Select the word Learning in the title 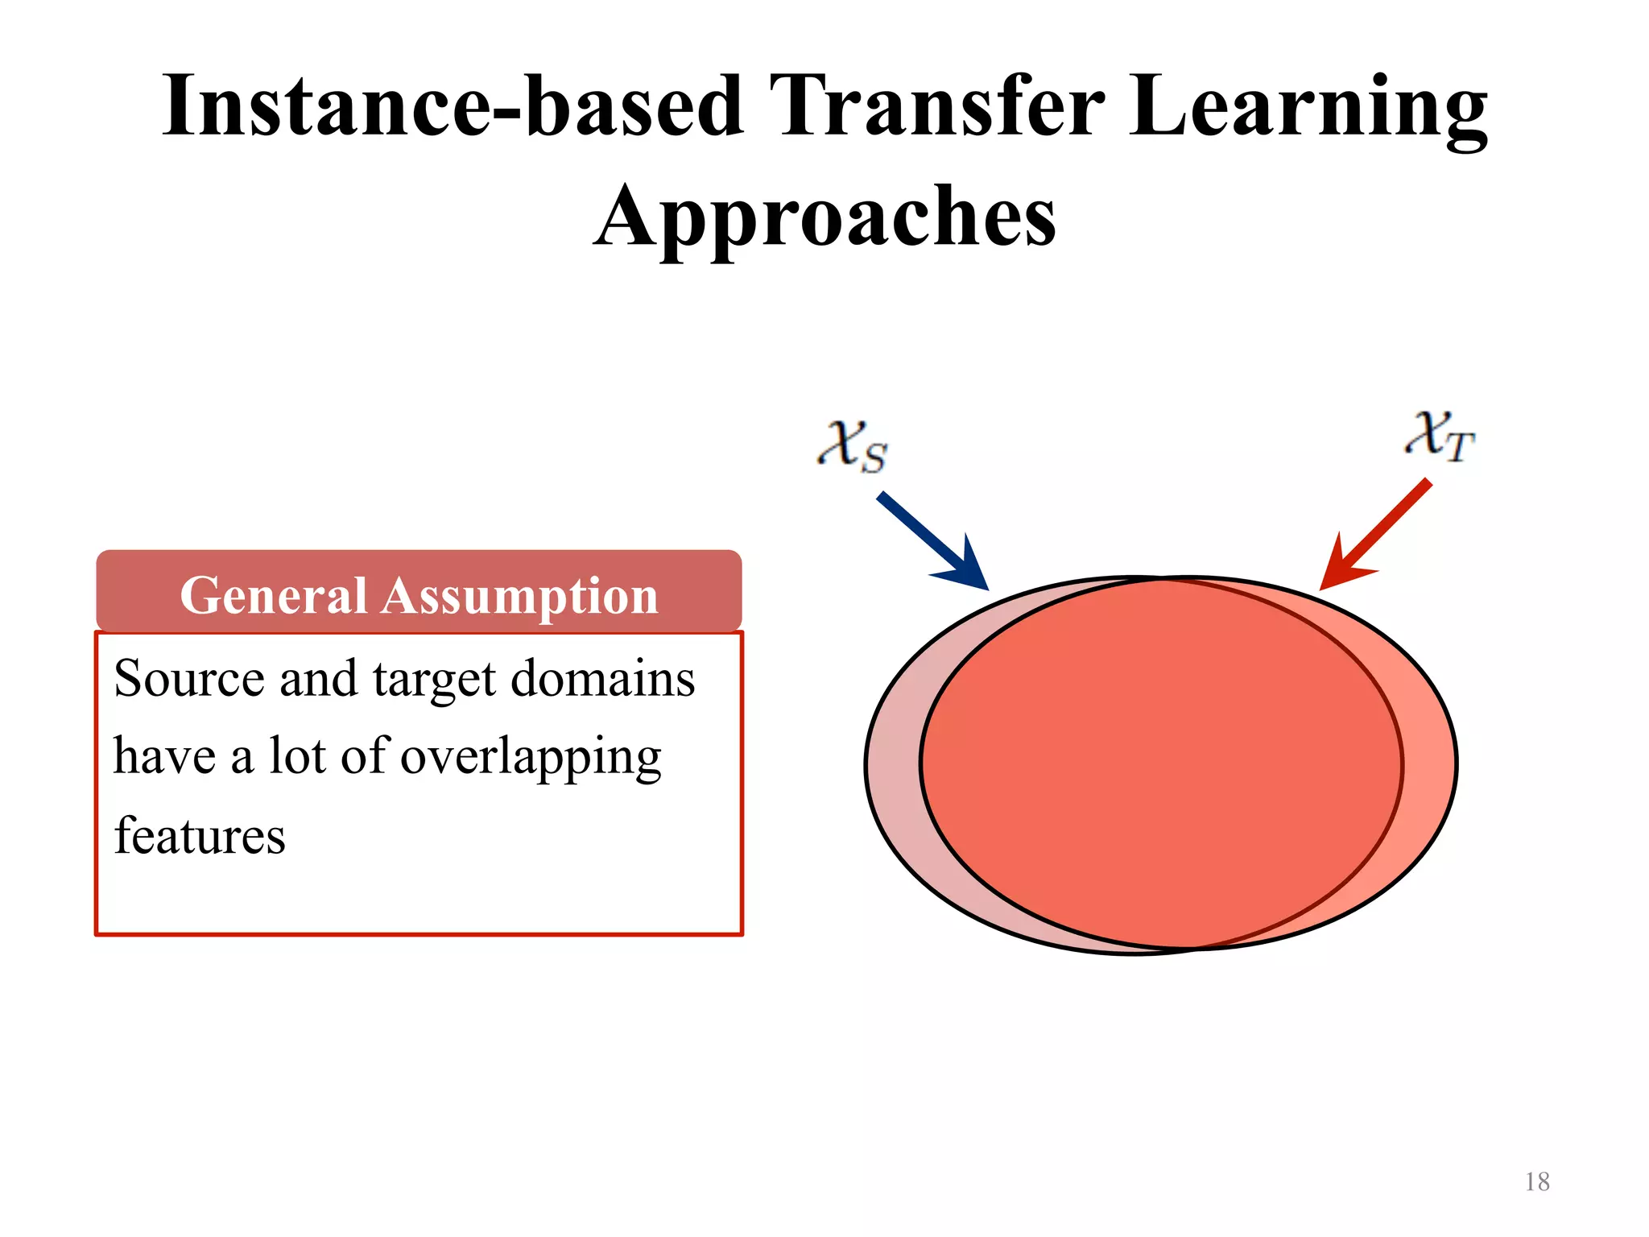pyautogui.click(x=1308, y=107)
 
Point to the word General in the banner pyautogui.click(x=274, y=596)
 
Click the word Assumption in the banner pyautogui.click(x=520, y=596)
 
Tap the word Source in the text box pyautogui.click(x=189, y=678)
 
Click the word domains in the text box pyautogui.click(x=603, y=678)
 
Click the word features pyautogui.click(x=200, y=835)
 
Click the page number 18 pyautogui.click(x=1536, y=1181)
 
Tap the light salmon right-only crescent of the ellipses pyautogui.click(x=1429, y=765)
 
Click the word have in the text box pyautogui.click(x=165, y=757)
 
